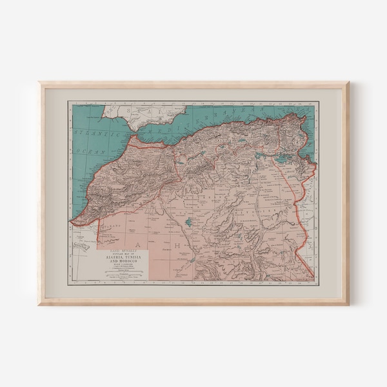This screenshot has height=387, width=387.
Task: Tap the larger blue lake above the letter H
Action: [188, 222]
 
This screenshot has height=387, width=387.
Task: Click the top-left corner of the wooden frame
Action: [40, 83]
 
